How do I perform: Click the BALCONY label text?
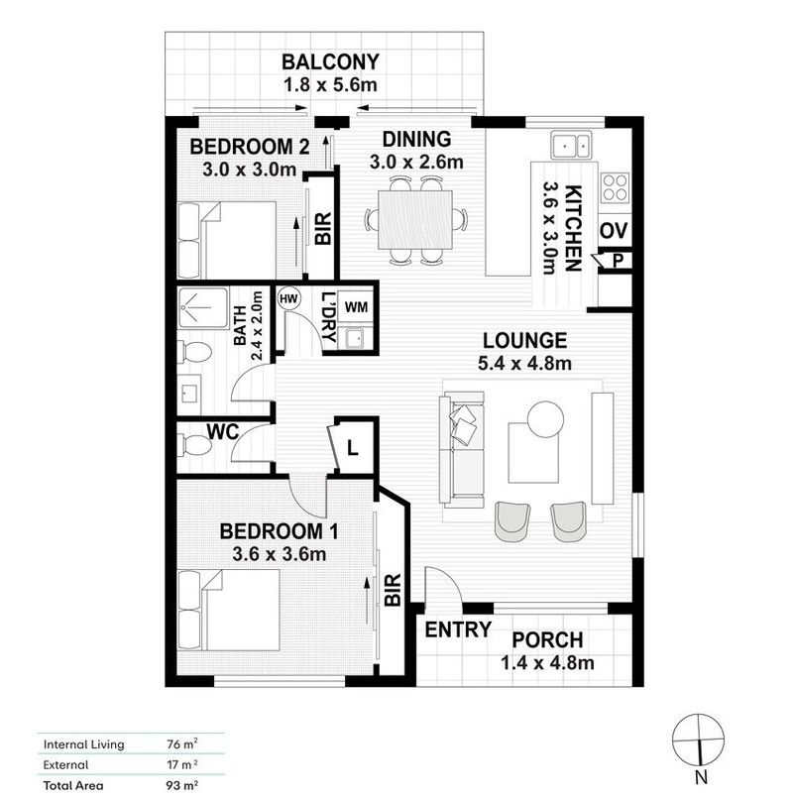330,62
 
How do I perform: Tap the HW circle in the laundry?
289,298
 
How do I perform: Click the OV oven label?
614,231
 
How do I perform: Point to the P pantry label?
617,261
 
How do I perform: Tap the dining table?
415,220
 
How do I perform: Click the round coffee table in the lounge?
545,417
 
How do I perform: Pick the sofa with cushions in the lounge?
462,448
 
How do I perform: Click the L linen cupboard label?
351,448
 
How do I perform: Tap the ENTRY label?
458,629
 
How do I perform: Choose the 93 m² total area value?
181,785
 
